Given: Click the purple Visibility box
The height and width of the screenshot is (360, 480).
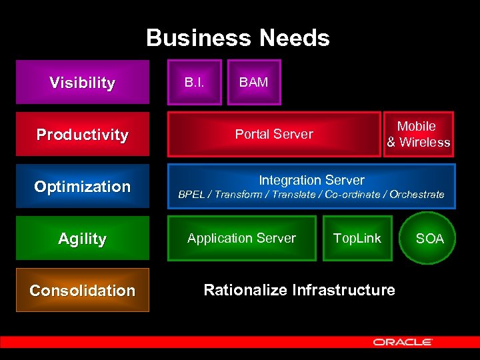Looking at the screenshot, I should tap(83, 83).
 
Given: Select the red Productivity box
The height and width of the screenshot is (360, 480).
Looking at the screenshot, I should tap(83, 135).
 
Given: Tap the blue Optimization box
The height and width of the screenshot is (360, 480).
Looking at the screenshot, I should tap(83, 187).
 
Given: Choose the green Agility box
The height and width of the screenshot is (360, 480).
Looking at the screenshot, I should tap(83, 238).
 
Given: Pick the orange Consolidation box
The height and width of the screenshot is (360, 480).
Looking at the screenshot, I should tap(83, 290).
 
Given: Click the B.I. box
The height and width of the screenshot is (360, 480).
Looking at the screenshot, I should tap(194, 83).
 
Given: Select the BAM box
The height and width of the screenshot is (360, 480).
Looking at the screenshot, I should tap(254, 83).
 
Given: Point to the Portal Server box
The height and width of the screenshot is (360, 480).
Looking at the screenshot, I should tap(274, 134).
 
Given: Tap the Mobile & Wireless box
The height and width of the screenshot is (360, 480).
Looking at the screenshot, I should tap(418, 134).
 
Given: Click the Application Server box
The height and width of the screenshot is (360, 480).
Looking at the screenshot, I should tap(242, 238).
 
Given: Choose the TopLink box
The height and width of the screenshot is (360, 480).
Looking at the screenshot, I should tap(357, 238).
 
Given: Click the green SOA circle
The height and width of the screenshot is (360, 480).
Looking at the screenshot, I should tap(429, 239).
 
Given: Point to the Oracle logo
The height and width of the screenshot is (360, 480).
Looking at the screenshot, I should tap(403, 342).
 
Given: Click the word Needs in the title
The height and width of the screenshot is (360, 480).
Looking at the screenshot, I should tap(295, 38).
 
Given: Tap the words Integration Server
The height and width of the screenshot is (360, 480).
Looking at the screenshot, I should tap(311, 180).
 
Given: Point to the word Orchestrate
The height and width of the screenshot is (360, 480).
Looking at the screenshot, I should tap(417, 195).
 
